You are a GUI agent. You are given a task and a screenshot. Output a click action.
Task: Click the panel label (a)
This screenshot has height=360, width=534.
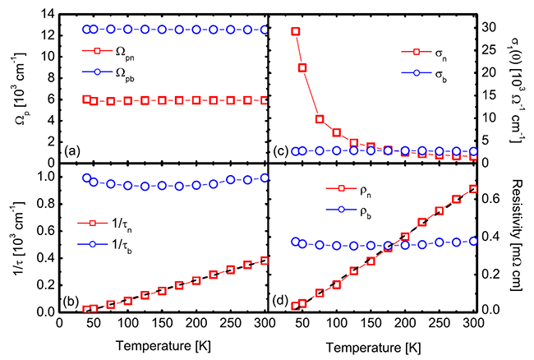click(x=72, y=152)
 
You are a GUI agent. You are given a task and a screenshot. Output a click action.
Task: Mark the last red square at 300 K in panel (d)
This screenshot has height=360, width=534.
click(x=473, y=189)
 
